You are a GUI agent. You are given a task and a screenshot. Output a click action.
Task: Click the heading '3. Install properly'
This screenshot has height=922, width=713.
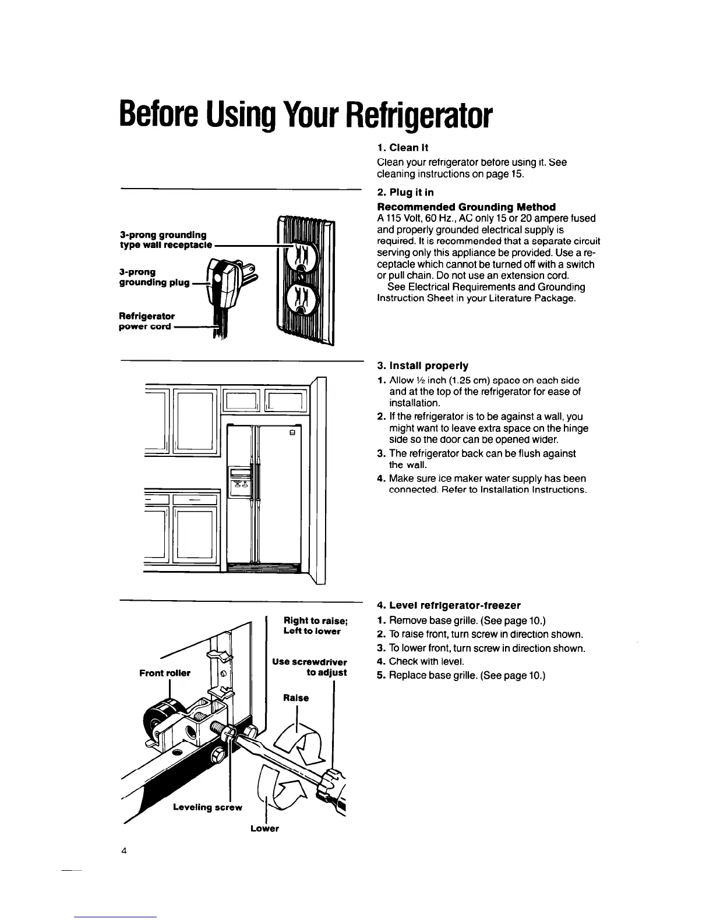pos(422,366)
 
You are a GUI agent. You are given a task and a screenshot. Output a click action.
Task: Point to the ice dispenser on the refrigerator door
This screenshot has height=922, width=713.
pos(241,481)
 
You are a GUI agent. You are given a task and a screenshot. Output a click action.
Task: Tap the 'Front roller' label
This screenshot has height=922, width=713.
pos(165,673)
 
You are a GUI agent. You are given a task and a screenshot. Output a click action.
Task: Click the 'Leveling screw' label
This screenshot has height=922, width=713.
pos(207,807)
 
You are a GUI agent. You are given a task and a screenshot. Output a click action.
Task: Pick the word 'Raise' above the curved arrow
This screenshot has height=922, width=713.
pos(296,698)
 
